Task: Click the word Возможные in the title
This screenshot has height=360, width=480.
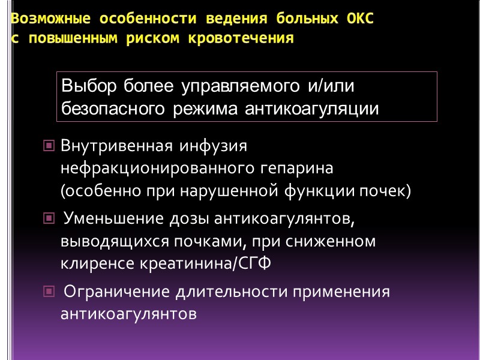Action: pos(41,19)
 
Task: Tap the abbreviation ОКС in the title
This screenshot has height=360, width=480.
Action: pos(359,19)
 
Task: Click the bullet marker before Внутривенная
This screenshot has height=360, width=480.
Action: pos(48,146)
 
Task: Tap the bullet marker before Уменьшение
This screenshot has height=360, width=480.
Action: pos(48,220)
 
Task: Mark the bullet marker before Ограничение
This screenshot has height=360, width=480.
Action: pos(48,292)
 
